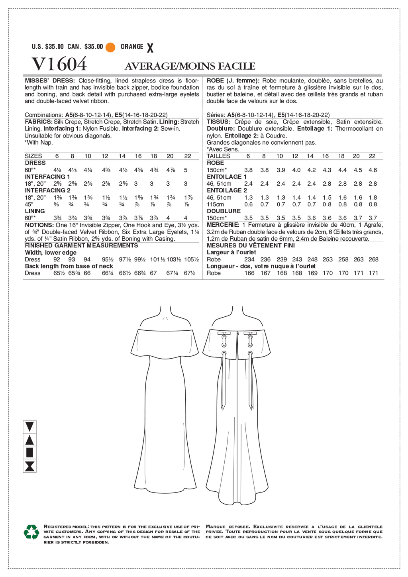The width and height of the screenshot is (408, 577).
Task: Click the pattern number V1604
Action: pos(59,64)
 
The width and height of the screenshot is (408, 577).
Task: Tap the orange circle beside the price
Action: pos(110,47)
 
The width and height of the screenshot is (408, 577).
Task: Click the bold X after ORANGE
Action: pos(150,48)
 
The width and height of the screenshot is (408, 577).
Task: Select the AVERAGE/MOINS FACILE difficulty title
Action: pos(190,66)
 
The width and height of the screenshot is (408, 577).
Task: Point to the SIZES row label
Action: pos(33,156)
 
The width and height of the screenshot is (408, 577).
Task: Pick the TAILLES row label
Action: pos(218,156)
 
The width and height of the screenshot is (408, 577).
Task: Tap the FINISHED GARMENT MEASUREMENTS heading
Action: pos(81,245)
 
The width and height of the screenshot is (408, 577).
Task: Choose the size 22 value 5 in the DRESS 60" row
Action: pos(186,170)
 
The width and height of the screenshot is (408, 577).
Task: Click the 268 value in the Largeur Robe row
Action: pos(373,259)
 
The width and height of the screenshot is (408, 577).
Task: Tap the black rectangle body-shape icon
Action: pos(29,452)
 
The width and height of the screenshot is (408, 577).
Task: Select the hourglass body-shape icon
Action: pos(29,466)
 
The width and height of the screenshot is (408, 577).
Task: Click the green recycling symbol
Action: pos(31,532)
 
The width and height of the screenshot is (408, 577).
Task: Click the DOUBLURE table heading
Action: pos(224,211)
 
